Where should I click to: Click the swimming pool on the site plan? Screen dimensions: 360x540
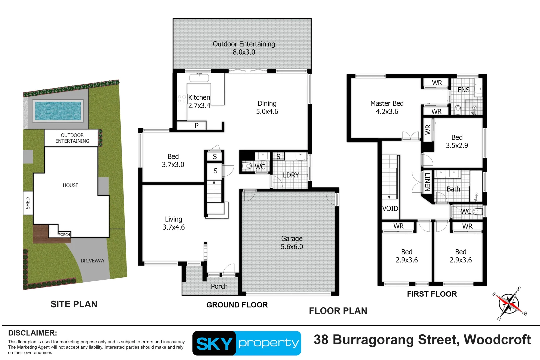coord(58,111)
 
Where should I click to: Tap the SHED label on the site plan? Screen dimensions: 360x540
coord(28,203)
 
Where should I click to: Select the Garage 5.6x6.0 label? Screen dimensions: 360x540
coord(292,243)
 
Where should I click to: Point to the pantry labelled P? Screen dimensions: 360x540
coord(196,126)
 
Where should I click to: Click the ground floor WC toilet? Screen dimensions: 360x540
coord(247,166)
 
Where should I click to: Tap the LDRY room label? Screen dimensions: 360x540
coord(291,175)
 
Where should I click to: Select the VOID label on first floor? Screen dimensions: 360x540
coord(390,209)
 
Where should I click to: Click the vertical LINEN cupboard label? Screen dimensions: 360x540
coord(427,182)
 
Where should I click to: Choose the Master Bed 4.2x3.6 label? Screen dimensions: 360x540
coord(387,107)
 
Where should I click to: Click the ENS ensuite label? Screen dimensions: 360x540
coord(463,90)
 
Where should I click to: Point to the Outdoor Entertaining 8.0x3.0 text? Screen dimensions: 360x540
coord(244,48)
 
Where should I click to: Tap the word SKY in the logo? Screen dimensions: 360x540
coord(214,344)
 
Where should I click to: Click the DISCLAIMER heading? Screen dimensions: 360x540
coord(32,333)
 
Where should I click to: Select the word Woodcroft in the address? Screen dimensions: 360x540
coord(497,340)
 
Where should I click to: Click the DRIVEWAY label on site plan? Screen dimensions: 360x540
coord(92,261)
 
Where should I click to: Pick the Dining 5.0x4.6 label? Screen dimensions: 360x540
coord(267,107)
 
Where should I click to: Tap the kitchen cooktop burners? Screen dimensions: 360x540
coord(182,99)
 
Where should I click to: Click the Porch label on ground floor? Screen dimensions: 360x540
coord(219,286)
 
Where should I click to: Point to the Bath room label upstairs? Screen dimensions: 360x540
coord(453,189)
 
